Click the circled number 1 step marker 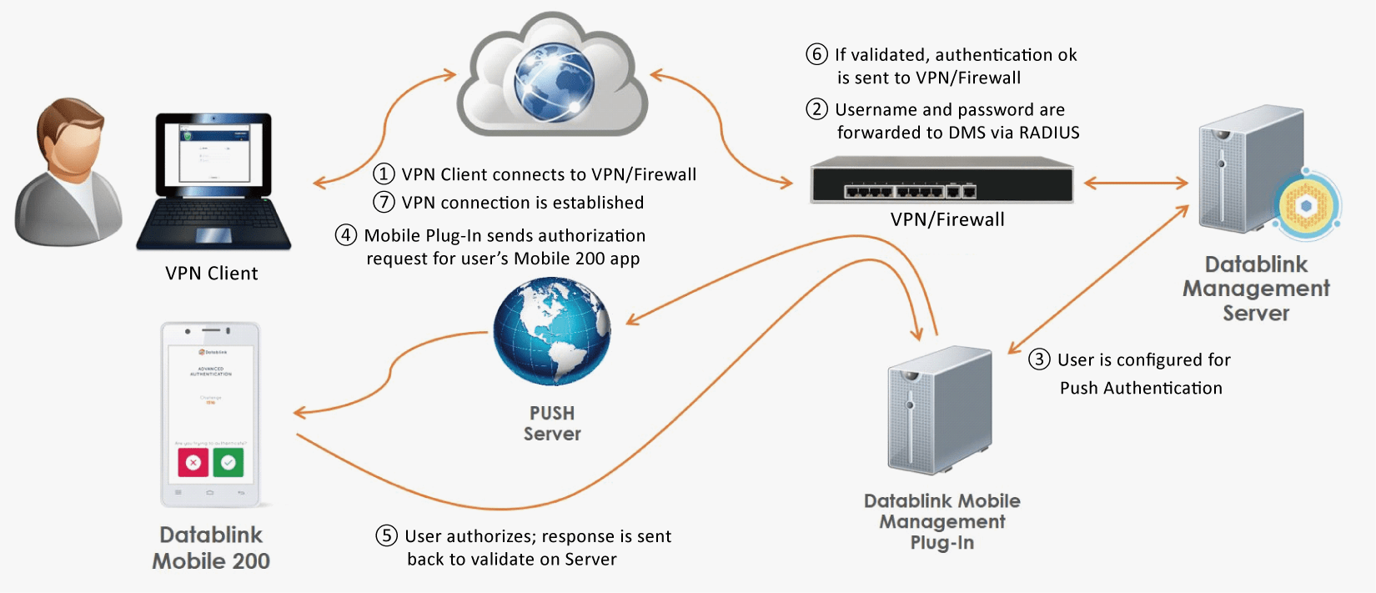pyautogui.click(x=384, y=173)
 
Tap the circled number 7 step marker pyautogui.click(x=384, y=202)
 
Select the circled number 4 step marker pyautogui.click(x=346, y=235)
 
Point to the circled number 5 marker pyautogui.click(x=386, y=535)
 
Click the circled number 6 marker pyautogui.click(x=816, y=54)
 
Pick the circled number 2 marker pyautogui.click(x=816, y=109)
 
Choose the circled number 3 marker pyautogui.click(x=1039, y=359)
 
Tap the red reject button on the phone pyautogui.click(x=193, y=462)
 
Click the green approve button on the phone pyautogui.click(x=228, y=462)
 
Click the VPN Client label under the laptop pyautogui.click(x=212, y=274)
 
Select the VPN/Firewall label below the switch pyautogui.click(x=947, y=219)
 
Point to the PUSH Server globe pyautogui.click(x=552, y=331)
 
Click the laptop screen pyautogui.click(x=214, y=154)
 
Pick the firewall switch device pyautogui.click(x=942, y=180)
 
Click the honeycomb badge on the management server pyautogui.click(x=1307, y=206)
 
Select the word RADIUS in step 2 pyautogui.click(x=1049, y=133)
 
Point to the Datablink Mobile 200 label pyautogui.click(x=211, y=548)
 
